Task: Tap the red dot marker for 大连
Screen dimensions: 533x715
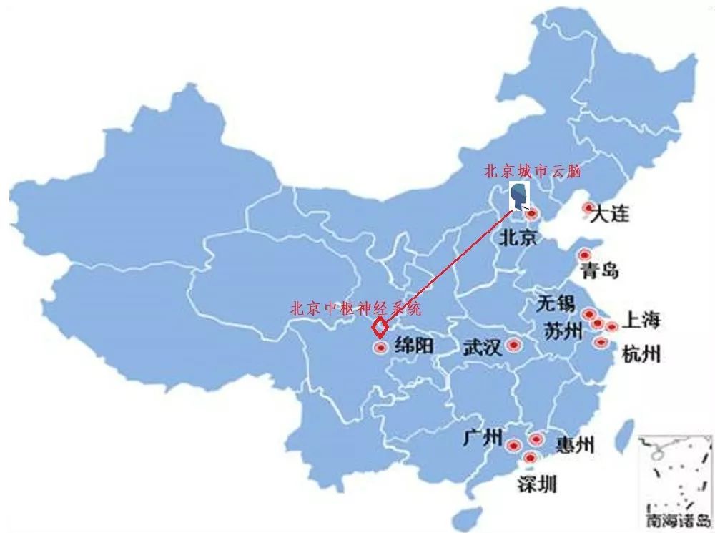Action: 588,208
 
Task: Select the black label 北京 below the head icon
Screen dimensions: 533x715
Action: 518,238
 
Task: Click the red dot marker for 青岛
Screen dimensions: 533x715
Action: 584,254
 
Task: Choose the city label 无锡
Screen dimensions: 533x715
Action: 556,304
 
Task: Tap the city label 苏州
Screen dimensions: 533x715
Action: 563,331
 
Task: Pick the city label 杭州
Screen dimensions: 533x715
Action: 641,353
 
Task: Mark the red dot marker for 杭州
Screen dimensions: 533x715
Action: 601,342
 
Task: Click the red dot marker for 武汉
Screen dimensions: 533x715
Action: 513,346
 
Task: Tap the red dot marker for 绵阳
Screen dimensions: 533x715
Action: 380,348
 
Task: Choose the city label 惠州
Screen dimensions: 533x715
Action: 575,445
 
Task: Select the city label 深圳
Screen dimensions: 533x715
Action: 536,483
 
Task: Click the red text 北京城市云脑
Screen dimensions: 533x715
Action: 532,172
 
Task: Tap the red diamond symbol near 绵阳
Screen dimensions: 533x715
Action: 379,328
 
